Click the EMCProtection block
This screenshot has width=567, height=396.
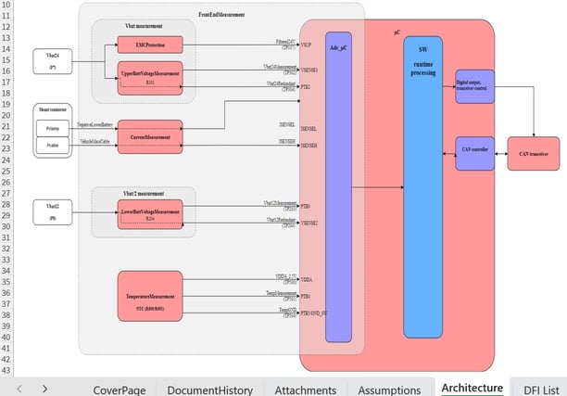click(x=150, y=45)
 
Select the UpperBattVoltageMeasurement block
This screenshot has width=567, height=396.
click(x=150, y=74)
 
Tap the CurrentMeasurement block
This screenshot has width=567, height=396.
click(x=150, y=136)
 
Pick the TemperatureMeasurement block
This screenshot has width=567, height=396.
click(x=150, y=298)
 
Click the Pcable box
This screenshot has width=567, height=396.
click(x=52, y=146)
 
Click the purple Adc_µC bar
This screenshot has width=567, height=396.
click(x=338, y=185)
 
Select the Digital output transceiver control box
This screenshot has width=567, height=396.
click(x=474, y=86)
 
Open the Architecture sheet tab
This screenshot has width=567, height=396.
click(x=472, y=389)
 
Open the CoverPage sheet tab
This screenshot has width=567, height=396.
click(x=120, y=390)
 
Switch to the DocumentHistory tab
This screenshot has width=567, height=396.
click(x=210, y=390)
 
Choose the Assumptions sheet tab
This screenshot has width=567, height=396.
click(x=389, y=390)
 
